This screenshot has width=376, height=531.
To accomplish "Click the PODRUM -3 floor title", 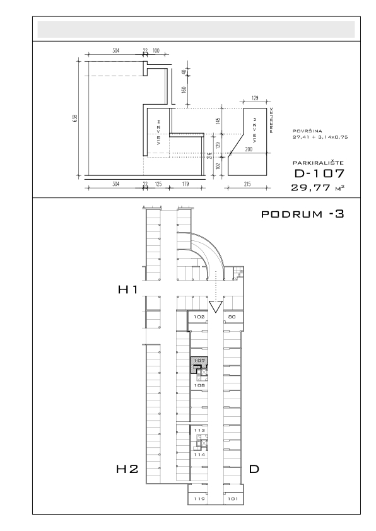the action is pos(303,214).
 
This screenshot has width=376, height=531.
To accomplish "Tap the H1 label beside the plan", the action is pos(127,289).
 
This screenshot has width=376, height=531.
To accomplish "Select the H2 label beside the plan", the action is pos(127,469).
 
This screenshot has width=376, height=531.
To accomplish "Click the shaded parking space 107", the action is pos(199,364).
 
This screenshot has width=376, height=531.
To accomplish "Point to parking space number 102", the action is pos(199,317).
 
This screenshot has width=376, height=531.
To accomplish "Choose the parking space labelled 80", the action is pos(232,317).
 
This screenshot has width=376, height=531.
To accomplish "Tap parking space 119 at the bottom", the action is pos(199,499).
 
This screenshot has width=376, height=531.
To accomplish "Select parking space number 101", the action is pos(233,499).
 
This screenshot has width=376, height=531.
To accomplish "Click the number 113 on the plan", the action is pos(199,431).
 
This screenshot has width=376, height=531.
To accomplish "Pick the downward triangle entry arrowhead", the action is pos(216,306).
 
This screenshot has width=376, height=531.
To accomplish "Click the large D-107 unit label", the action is pos(319,173).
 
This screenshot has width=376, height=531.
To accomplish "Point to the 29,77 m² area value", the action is pos(318,187).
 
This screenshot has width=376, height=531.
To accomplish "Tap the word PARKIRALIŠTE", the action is pos(319,163).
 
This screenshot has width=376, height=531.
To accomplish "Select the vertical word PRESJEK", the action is pos(272,120).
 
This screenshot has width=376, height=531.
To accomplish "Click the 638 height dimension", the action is pos(75,118).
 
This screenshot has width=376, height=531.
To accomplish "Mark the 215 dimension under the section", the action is pos(247,184).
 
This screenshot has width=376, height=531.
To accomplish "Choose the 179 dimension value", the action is pos(185,184).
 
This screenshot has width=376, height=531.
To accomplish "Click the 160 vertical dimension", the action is pos(184,90).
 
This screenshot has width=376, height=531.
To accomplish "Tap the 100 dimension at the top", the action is pos(156,51).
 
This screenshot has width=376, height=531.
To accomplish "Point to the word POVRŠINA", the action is pos(308,131).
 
